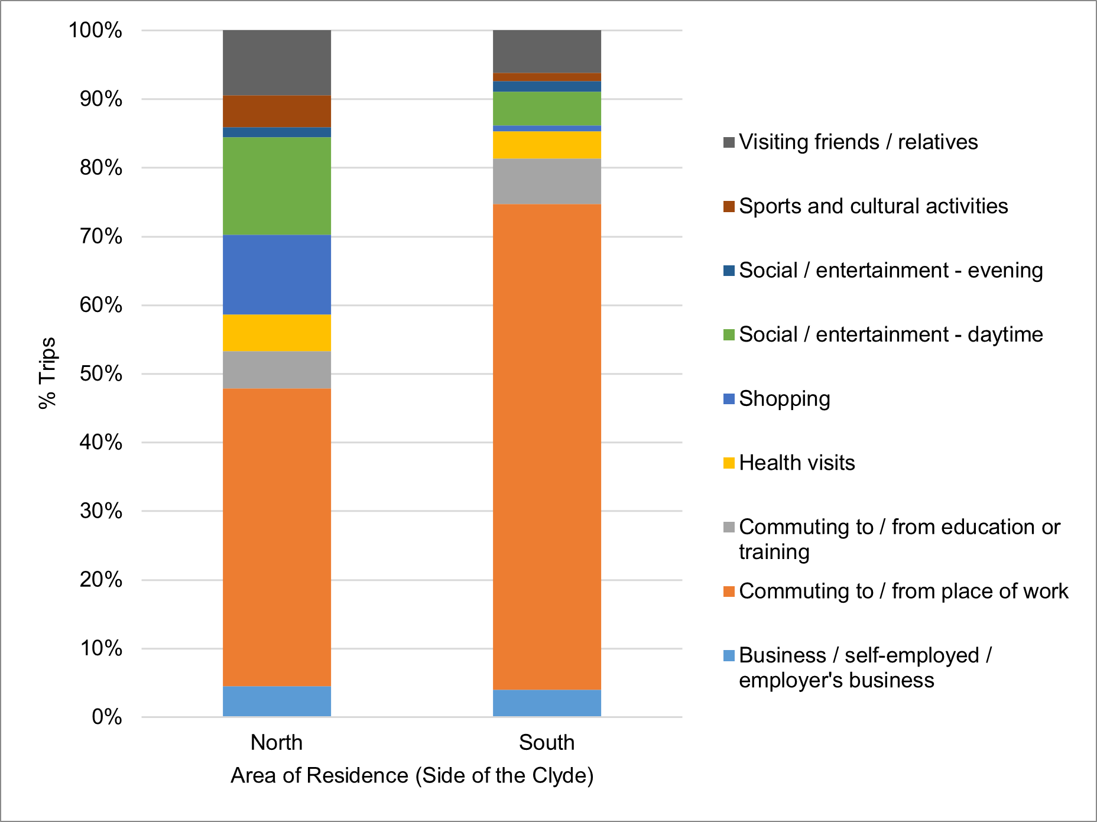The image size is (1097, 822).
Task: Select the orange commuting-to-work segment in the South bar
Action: (547, 447)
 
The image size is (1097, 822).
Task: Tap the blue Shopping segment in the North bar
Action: (277, 275)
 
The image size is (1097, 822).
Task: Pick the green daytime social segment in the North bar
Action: (277, 186)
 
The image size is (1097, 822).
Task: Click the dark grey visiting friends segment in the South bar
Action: (547, 51)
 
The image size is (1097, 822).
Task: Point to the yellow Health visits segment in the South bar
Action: (547, 145)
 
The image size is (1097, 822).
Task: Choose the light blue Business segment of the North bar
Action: (277, 701)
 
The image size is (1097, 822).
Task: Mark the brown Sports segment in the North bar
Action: (277, 111)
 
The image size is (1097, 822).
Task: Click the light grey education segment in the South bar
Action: (547, 181)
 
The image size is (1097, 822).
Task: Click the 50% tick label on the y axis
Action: (101, 373)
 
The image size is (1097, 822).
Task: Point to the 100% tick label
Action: (96, 30)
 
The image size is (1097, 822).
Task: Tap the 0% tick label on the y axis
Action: (107, 717)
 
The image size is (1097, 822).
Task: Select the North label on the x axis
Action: (277, 742)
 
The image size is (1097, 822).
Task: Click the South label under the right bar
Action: (547, 742)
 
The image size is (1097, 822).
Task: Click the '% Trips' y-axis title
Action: (47, 373)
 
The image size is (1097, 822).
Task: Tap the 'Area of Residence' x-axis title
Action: (412, 775)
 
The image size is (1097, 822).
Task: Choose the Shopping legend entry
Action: (784, 399)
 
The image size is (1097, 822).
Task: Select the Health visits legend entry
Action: (797, 463)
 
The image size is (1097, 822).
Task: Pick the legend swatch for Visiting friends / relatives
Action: (729, 142)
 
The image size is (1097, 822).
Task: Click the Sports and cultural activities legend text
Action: (873, 206)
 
